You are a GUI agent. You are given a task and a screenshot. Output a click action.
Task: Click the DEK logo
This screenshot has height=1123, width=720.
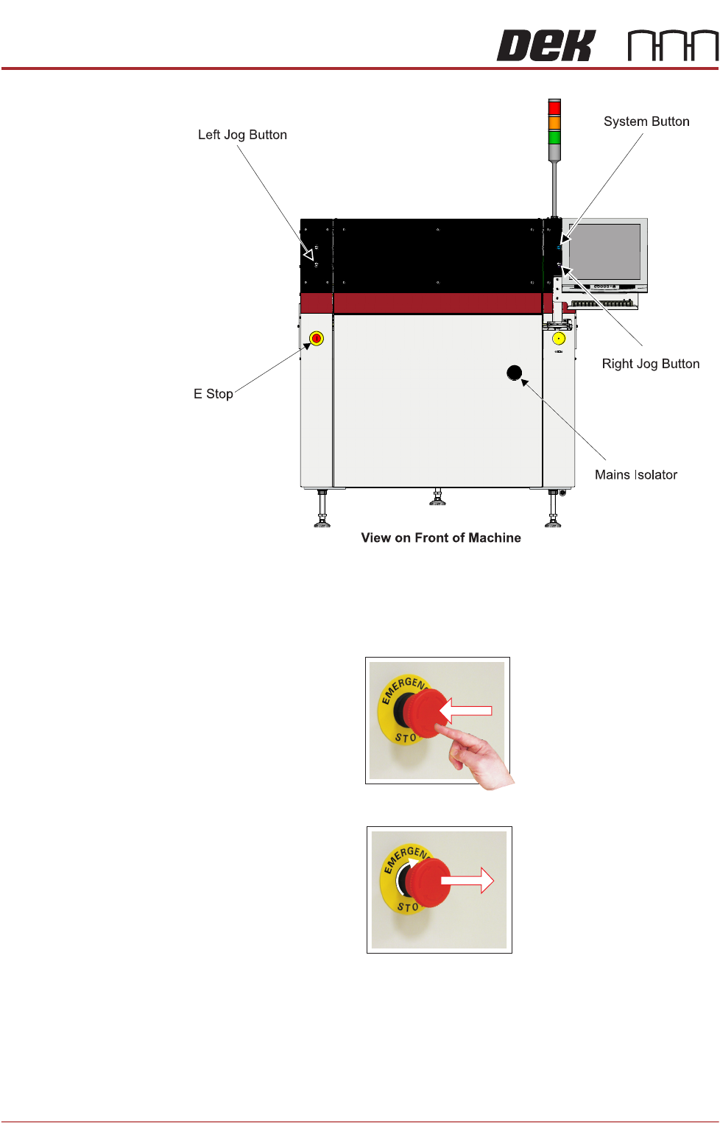pyautogui.click(x=546, y=46)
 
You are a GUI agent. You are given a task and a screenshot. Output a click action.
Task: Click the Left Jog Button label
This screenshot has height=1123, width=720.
pyautogui.click(x=242, y=135)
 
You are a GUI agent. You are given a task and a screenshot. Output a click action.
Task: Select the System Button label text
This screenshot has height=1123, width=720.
pyautogui.click(x=646, y=122)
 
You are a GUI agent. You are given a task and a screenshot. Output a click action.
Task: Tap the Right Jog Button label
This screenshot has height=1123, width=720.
pyautogui.click(x=650, y=364)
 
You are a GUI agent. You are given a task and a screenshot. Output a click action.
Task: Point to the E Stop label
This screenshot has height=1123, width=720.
pyautogui.click(x=213, y=394)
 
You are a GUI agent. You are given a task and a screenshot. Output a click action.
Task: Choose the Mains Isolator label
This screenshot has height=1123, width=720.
pyautogui.click(x=635, y=475)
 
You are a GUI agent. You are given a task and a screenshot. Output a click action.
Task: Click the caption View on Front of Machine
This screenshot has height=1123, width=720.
pyautogui.click(x=440, y=538)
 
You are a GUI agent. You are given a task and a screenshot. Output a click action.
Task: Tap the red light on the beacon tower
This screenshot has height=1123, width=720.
pyautogui.click(x=554, y=108)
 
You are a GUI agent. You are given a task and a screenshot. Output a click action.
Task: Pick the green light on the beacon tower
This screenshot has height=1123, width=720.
pyautogui.click(x=554, y=137)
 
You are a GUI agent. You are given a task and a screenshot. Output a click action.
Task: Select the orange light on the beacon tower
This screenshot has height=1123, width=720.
pyautogui.click(x=554, y=123)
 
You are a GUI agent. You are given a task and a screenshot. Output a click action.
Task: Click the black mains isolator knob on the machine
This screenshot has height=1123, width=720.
pyautogui.click(x=515, y=373)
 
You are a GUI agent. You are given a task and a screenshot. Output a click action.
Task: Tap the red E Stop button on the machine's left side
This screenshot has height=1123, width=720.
pyautogui.click(x=317, y=339)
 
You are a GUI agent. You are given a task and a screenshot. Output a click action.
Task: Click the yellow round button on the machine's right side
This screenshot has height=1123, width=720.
pyautogui.click(x=559, y=339)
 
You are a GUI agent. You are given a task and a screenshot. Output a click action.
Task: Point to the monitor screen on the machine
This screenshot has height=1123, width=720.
pyautogui.click(x=605, y=251)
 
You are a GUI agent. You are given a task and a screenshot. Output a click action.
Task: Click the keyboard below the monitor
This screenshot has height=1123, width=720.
pyautogui.click(x=603, y=303)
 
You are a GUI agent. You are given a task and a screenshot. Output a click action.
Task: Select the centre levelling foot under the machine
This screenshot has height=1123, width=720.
pyautogui.click(x=437, y=499)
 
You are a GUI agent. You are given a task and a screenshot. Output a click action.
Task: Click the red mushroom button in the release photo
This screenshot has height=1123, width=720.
pyautogui.click(x=427, y=882)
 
